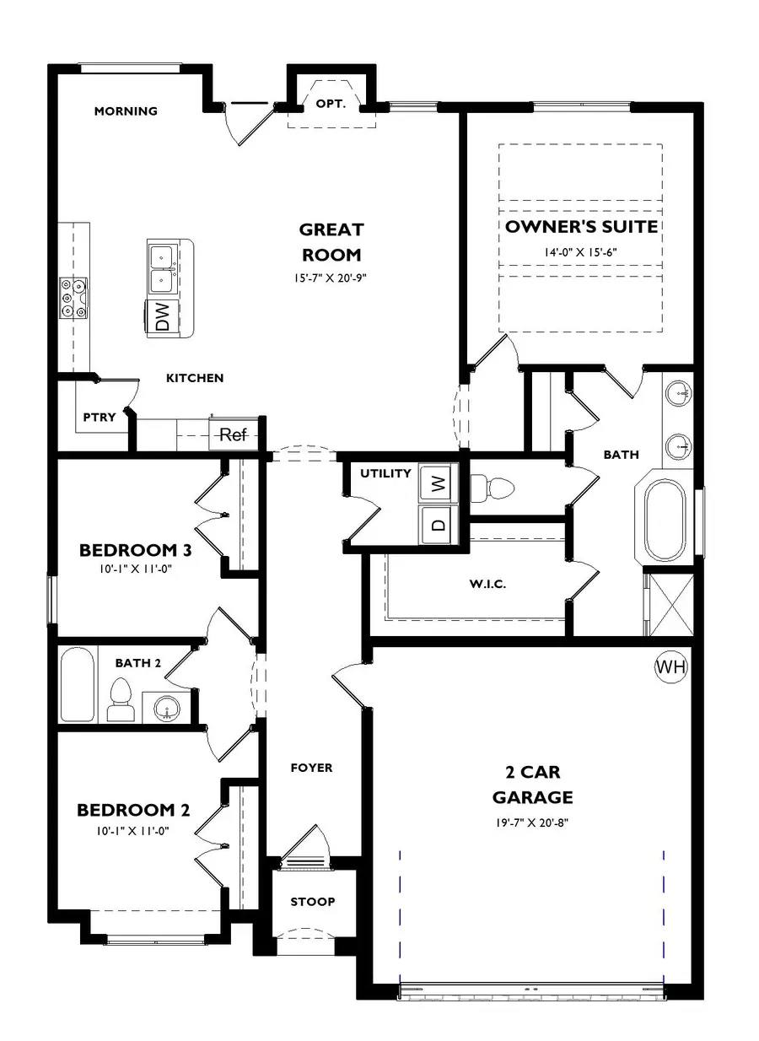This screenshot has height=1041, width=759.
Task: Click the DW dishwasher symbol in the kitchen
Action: point(163,317)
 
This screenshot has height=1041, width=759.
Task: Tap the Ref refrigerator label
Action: point(234,435)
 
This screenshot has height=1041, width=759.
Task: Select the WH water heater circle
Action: point(671,667)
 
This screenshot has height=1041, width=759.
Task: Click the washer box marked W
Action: point(437,483)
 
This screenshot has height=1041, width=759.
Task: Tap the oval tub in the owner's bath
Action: point(666,520)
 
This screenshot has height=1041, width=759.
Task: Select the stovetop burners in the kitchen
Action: point(73,299)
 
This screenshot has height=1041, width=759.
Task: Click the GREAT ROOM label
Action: point(331,241)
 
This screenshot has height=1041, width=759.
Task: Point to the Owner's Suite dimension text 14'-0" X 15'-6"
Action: point(580,251)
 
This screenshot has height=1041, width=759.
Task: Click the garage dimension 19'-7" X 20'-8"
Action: point(532,823)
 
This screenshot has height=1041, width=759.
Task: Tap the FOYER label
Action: point(311,768)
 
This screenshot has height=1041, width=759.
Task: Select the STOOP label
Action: point(313,902)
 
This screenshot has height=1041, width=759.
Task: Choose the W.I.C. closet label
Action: point(487,584)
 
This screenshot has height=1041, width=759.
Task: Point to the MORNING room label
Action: point(126,111)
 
